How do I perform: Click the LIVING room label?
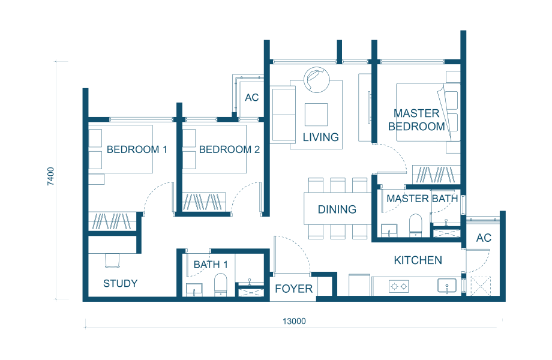[x=321, y=137]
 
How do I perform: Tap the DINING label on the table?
[x=337, y=209]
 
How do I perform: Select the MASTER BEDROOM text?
[x=416, y=120]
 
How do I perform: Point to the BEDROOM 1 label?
[x=137, y=149]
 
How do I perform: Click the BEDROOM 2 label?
[x=229, y=149]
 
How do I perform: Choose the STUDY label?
[x=121, y=283]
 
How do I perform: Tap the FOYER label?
[x=293, y=289]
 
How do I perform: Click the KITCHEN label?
[x=418, y=260]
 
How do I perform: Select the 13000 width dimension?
[x=294, y=321]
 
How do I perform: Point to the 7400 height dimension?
[x=51, y=176]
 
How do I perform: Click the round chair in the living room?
[x=316, y=80]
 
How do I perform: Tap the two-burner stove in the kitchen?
[x=398, y=286]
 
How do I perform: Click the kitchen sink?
[x=447, y=286]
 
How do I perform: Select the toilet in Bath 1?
[x=221, y=284]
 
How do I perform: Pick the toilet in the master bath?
[x=415, y=224]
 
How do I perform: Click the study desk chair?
[x=112, y=260]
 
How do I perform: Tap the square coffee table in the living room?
[x=316, y=115]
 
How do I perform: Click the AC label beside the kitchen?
[x=484, y=238]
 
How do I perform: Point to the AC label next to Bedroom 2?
[x=252, y=97]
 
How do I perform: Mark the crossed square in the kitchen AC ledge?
[x=481, y=286]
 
